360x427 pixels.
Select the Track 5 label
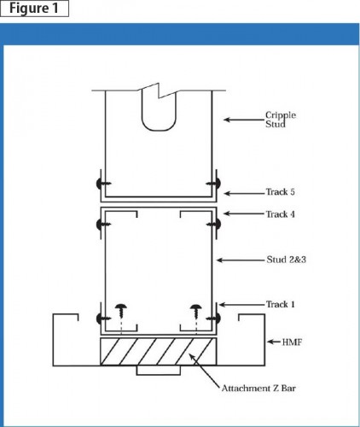278,192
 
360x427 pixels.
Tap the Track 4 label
279,214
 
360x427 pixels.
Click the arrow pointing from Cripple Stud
243,122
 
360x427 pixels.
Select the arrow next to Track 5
243,192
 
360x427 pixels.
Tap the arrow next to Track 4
243,214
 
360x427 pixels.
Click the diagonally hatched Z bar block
159,351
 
